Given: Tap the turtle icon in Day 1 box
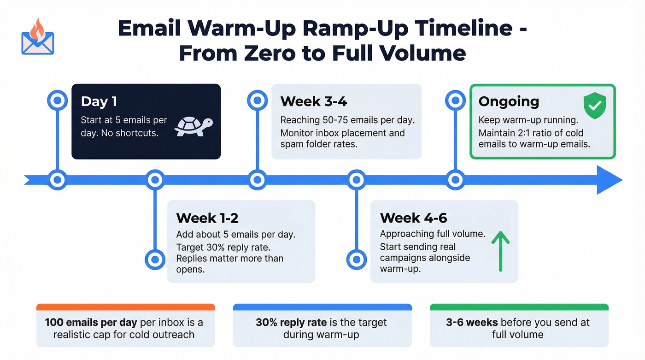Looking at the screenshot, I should (193, 126).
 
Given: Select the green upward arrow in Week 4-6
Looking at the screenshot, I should (500, 251).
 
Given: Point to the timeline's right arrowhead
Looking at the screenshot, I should (609, 180).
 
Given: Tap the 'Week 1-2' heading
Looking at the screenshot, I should (207, 218).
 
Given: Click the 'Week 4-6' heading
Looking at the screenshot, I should (413, 218).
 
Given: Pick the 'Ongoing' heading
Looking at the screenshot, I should (509, 101).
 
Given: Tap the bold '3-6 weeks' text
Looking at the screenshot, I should (472, 322).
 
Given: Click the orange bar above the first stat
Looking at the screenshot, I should (125, 307).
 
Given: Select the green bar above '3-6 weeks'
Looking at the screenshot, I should (519, 307).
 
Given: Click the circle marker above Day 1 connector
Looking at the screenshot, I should (57, 100).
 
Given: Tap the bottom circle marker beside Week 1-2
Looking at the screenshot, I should (155, 259).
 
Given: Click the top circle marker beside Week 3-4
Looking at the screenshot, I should (257, 100).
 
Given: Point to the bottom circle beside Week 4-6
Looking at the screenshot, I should (356, 259).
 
